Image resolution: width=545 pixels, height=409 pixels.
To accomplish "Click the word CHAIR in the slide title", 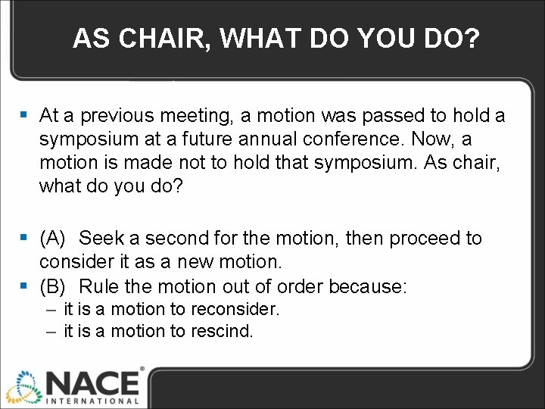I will tap(163, 39).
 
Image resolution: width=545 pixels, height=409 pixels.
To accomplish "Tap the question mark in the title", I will tap(472, 39).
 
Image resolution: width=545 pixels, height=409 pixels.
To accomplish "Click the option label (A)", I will tap(53, 239).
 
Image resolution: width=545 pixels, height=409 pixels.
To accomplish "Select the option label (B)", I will tap(53, 286).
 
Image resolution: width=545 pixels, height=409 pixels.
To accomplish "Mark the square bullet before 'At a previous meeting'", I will tap(24, 116).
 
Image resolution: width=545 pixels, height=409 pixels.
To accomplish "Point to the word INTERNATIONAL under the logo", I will tap(93, 401).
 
